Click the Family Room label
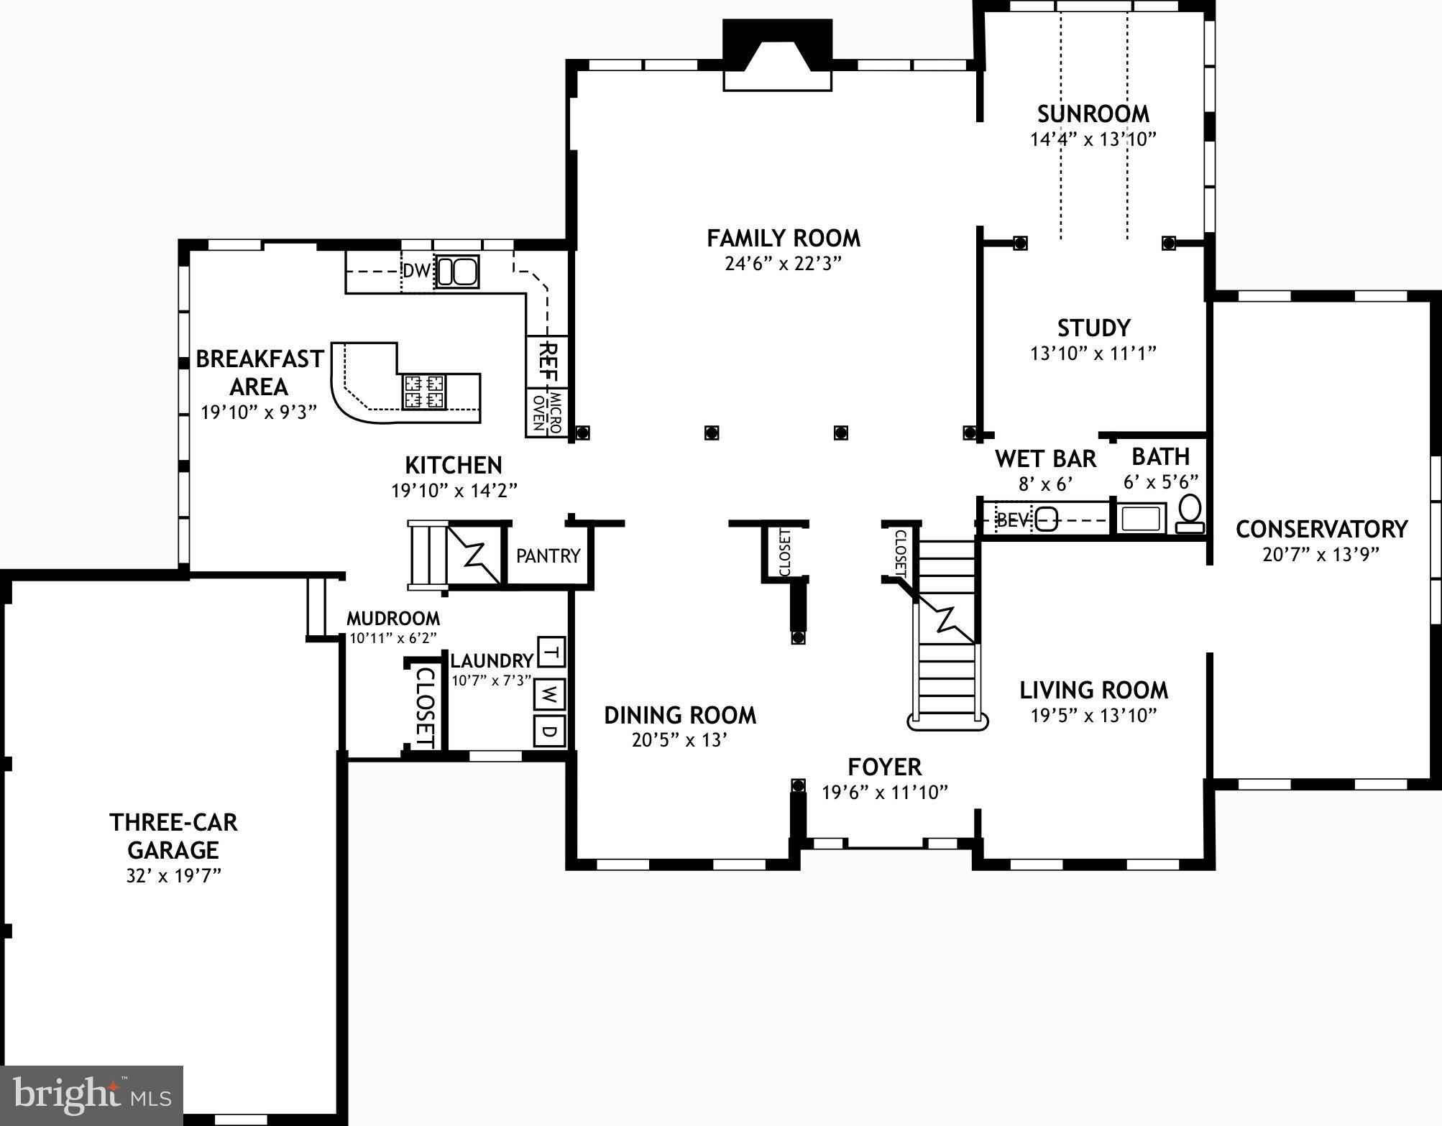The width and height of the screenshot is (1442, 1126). click(783, 238)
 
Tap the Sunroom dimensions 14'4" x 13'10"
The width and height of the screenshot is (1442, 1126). click(1093, 139)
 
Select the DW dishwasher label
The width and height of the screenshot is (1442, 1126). click(416, 272)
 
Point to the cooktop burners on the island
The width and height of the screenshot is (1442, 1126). click(423, 392)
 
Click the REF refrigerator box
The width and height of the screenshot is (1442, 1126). click(548, 361)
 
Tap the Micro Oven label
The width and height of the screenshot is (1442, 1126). click(548, 411)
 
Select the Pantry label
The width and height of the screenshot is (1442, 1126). click(548, 555)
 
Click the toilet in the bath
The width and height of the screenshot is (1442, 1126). click(1190, 514)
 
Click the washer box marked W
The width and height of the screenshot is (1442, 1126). click(549, 694)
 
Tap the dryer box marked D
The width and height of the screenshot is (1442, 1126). click(549, 732)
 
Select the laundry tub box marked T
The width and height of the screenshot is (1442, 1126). click(551, 652)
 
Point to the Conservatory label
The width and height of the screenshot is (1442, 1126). click(1321, 529)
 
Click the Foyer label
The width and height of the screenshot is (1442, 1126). click(884, 767)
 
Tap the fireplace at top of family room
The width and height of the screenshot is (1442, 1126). click(777, 57)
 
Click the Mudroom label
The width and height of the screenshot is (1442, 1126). click(392, 618)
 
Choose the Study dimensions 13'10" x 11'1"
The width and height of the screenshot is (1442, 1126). click(1093, 353)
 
